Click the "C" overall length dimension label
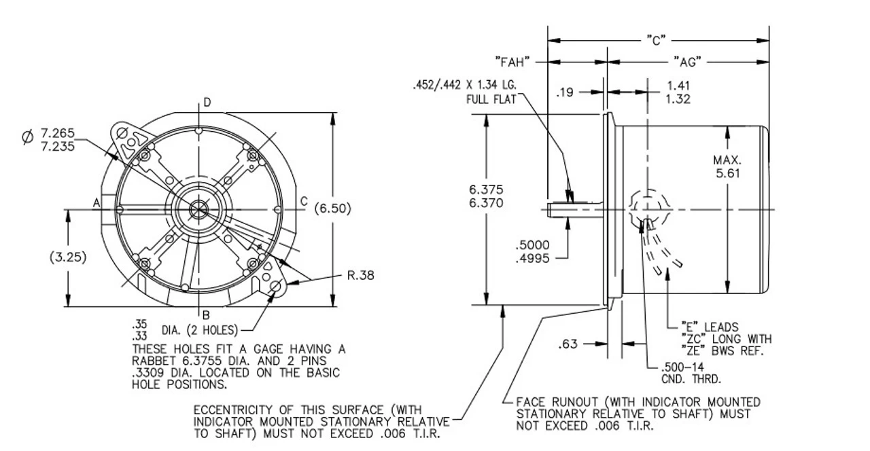pyautogui.click(x=657, y=39)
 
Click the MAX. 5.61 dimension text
pyautogui.click(x=727, y=166)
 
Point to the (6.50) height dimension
pyautogui.click(x=333, y=209)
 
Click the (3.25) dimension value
pyautogui.click(x=68, y=257)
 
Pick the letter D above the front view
pyautogui.click(x=207, y=103)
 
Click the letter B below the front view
pyautogui.click(x=205, y=314)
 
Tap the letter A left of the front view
pyautogui.click(x=97, y=202)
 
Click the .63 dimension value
pyautogui.click(x=568, y=344)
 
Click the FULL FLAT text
pyautogui.click(x=491, y=98)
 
